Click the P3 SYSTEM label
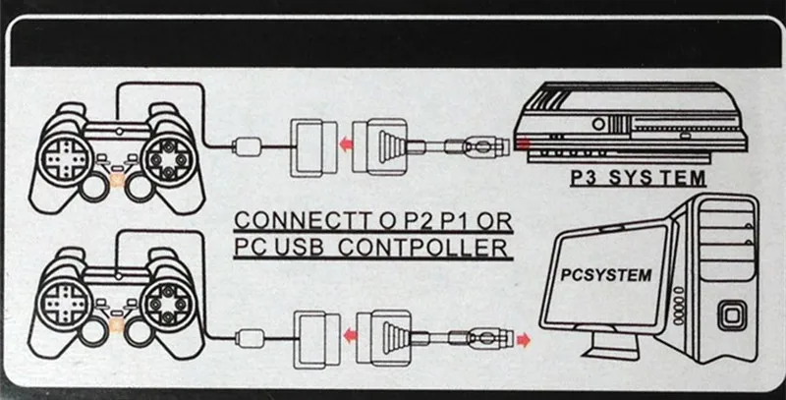click(638, 179)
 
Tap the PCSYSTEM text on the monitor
click(606, 275)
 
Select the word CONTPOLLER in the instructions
click(423, 248)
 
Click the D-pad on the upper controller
click(66, 158)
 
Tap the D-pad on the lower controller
click(66, 304)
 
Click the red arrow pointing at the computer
click(523, 340)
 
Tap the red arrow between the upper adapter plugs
click(346, 145)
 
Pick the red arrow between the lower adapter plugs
click(350, 335)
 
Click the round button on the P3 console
click(597, 123)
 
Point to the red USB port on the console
click(525, 143)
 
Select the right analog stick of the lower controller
click(139, 333)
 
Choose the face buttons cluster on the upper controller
click(168, 158)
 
